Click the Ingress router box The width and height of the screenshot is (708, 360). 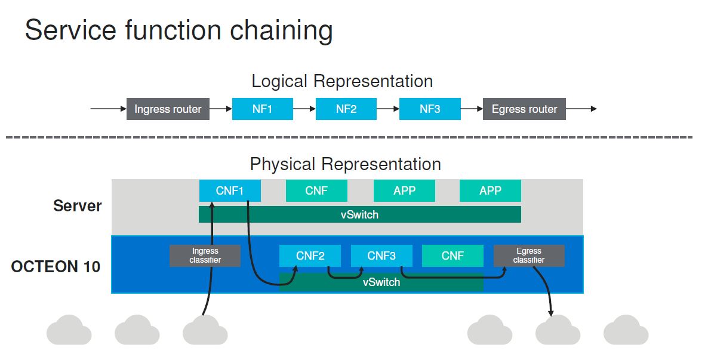(x=168, y=109)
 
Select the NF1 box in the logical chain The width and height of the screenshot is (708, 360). (x=262, y=109)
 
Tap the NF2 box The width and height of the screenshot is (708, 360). (x=346, y=109)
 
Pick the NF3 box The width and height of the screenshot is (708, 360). (x=430, y=109)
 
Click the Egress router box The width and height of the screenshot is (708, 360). (x=524, y=109)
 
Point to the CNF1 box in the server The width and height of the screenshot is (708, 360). (x=230, y=191)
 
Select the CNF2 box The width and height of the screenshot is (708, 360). (x=310, y=256)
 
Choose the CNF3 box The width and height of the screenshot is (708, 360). (x=381, y=256)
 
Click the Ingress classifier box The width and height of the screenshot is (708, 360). (x=205, y=256)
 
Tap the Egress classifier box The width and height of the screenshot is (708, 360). (x=528, y=256)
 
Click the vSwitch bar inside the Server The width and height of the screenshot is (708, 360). (x=359, y=214)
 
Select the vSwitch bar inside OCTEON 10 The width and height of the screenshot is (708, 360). (x=381, y=282)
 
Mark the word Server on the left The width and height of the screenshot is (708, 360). (x=78, y=206)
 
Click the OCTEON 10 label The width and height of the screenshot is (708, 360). (x=56, y=266)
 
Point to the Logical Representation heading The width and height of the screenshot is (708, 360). (x=342, y=81)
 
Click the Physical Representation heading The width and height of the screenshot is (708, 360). (x=345, y=164)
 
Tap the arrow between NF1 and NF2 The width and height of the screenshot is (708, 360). (x=304, y=109)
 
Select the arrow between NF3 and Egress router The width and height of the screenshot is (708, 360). (x=472, y=109)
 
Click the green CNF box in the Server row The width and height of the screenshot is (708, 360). (x=316, y=191)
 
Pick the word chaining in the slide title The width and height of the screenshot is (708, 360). (x=285, y=30)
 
